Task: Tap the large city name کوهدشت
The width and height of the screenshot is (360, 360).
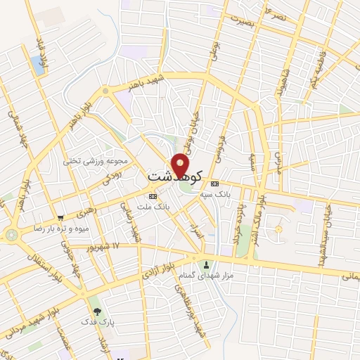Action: coord(176,175)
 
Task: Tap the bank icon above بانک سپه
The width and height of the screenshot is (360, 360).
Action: coord(214,183)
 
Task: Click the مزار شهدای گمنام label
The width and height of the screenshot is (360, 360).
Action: coord(200,276)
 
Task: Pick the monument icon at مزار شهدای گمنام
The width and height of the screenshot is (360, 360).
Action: coord(206,265)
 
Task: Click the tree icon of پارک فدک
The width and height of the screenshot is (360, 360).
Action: coord(96,311)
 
